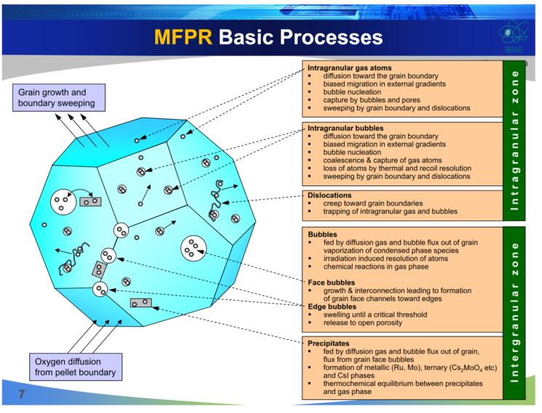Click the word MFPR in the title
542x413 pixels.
183,37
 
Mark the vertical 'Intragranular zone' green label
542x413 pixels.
514,139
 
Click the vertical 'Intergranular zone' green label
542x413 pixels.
514,313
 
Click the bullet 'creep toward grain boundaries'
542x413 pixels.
372,204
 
